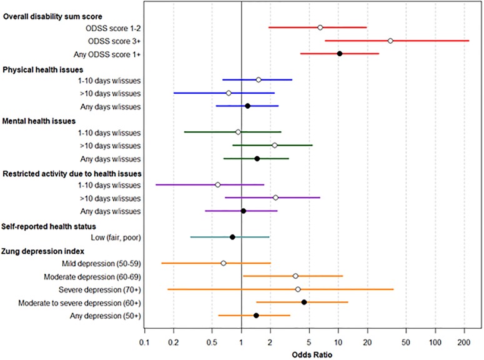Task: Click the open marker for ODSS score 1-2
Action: pos(320,27)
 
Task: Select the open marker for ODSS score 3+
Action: pos(390,41)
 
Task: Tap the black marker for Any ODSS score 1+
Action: pos(340,54)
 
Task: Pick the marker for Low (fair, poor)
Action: pos(232,237)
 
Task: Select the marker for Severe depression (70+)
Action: pos(298,289)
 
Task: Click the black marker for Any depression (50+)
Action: pos(256,316)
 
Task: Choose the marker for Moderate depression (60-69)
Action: pos(295,276)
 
